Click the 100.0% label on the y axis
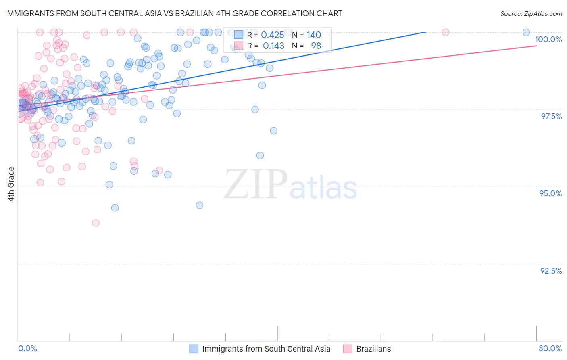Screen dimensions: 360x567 pyautogui.click(x=548, y=39)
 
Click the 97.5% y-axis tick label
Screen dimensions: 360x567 pyautogui.click(x=551, y=116)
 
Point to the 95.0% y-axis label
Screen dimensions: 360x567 pyautogui.click(x=550, y=193)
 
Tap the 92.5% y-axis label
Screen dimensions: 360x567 pyautogui.click(x=551, y=271)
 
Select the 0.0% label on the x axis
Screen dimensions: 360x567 pyautogui.click(x=27, y=348)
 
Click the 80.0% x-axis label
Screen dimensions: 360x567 pyautogui.click(x=550, y=348)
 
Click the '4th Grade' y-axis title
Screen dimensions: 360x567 pyautogui.click(x=11, y=184)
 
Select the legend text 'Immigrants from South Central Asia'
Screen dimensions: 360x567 pyautogui.click(x=266, y=349)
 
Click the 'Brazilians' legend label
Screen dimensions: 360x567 pyautogui.click(x=373, y=349)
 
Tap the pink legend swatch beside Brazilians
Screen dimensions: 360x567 pyautogui.click(x=348, y=349)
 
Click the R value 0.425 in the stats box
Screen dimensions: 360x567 pyautogui.click(x=273, y=35)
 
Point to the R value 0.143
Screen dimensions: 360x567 pyautogui.click(x=273, y=46)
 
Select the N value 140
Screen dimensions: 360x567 pyautogui.click(x=314, y=35)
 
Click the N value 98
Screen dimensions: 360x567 pyautogui.click(x=316, y=46)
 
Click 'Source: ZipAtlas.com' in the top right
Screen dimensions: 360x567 pyautogui.click(x=531, y=14)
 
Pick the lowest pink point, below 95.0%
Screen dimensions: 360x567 pyautogui.click(x=96, y=223)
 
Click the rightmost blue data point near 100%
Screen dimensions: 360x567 pyautogui.click(x=526, y=32)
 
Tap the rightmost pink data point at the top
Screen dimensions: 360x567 pyautogui.click(x=446, y=32)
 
